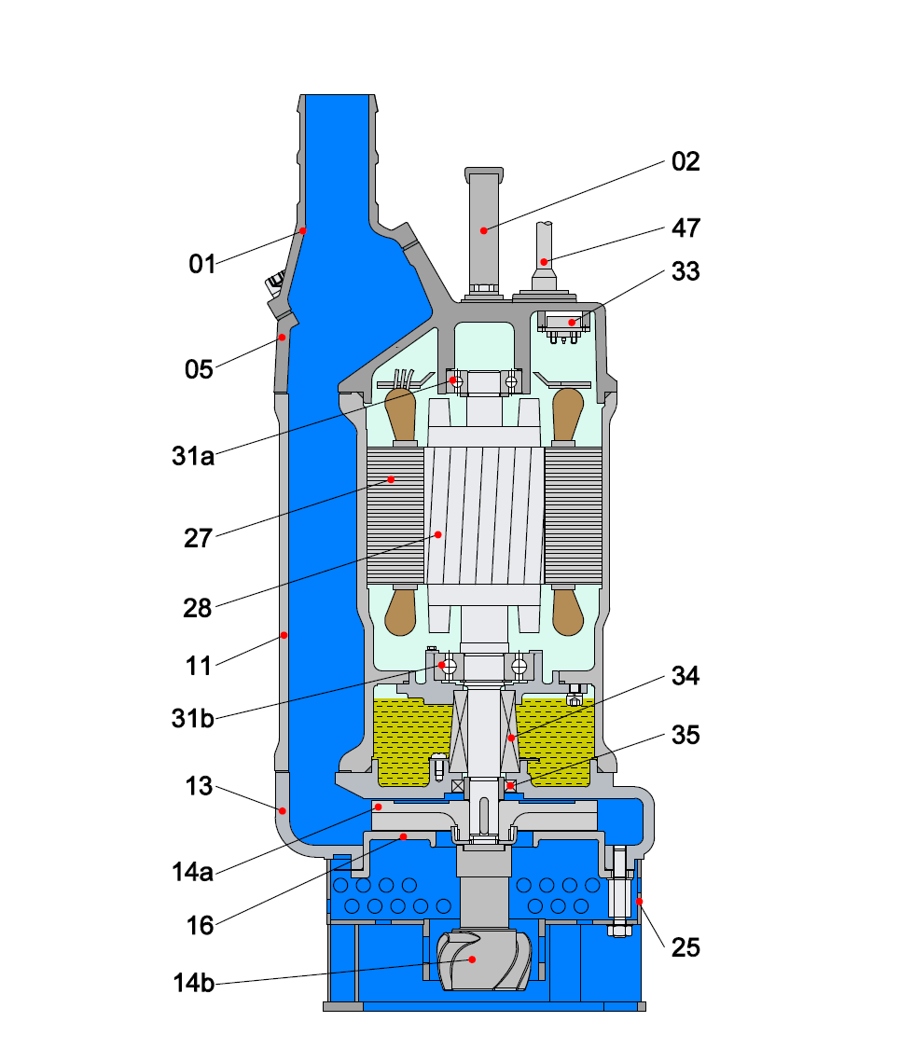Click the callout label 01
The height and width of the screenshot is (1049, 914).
201,264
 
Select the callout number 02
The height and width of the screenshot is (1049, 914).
685,161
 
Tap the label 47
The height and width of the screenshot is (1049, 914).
685,228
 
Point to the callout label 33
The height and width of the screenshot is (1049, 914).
685,271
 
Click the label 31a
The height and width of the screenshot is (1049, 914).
193,456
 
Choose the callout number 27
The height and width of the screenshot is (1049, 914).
198,538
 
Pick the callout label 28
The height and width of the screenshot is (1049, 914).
198,609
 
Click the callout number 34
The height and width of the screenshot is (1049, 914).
685,674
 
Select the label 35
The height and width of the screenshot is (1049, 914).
685,735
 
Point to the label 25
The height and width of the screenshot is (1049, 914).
685,948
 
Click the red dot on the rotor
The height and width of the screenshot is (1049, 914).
437,534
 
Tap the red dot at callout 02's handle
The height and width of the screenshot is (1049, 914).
483,229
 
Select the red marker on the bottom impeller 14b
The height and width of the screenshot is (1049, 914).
473,959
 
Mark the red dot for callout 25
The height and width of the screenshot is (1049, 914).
639,901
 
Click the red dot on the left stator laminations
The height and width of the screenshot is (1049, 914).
392,480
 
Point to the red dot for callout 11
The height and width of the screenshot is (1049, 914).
284,636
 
